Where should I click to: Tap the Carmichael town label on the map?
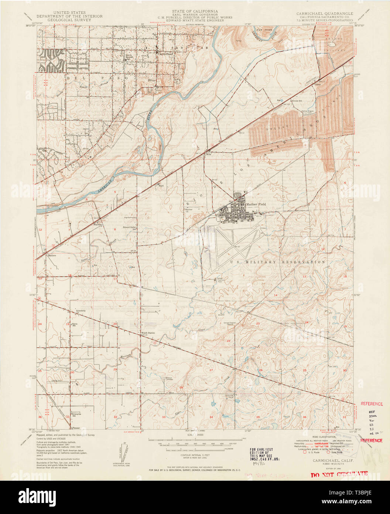(165, 53)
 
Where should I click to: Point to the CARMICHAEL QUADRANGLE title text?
(324, 13)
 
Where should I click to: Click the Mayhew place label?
(97, 224)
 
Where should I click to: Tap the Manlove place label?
(51, 255)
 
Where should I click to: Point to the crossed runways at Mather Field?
(236, 246)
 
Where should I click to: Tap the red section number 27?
(211, 370)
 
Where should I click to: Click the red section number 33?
(164, 417)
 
